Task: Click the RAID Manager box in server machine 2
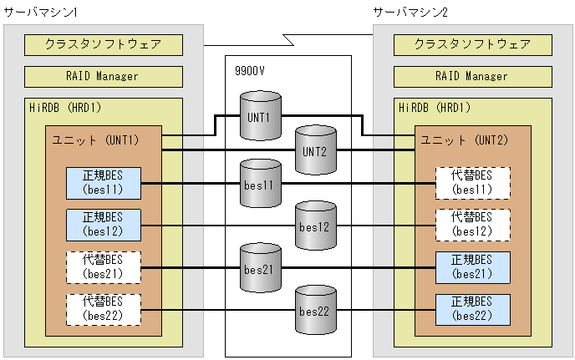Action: (472, 76)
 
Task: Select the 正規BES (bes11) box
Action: (104, 183)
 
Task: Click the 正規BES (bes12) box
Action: (104, 225)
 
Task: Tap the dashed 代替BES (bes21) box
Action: (104, 267)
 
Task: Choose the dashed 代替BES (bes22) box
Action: (104, 309)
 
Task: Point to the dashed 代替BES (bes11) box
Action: (472, 183)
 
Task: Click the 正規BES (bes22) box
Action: (472, 309)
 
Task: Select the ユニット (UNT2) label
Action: (472, 139)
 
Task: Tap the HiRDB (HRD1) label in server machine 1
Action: (68, 108)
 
